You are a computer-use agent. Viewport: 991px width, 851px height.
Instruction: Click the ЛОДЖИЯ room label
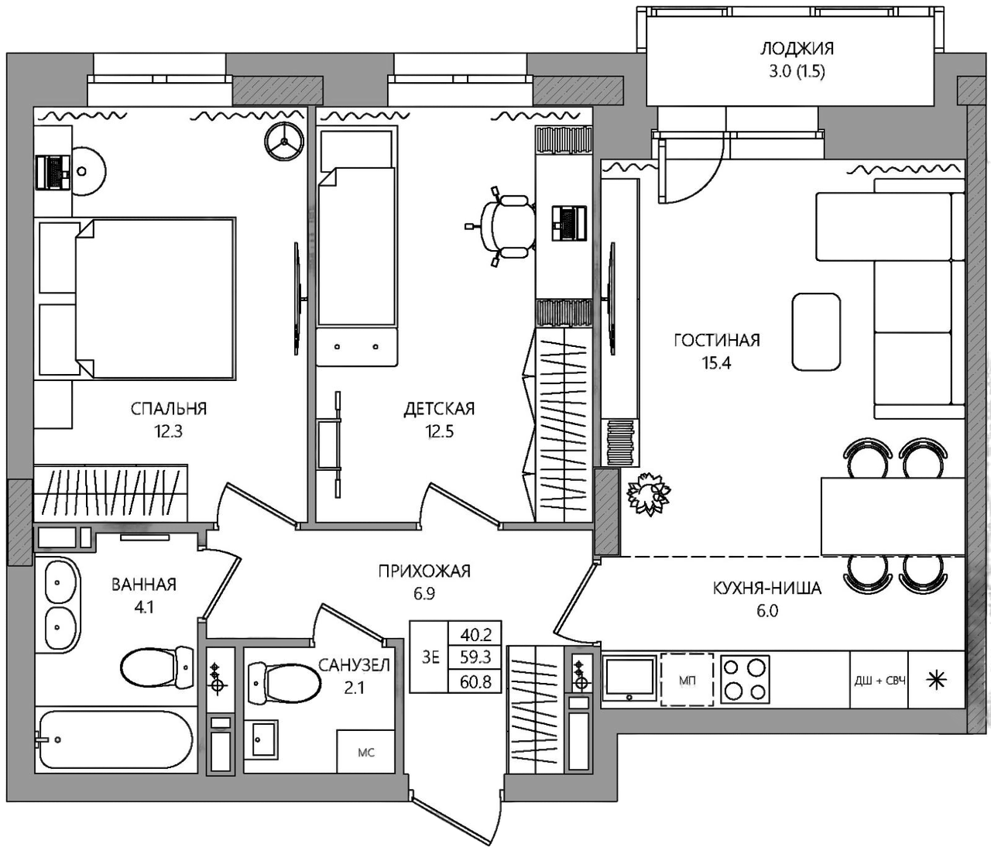[x=797, y=49]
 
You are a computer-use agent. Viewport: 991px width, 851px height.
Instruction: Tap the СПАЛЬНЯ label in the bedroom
[x=169, y=409]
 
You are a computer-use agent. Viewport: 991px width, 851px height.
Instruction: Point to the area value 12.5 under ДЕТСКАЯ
[x=439, y=431]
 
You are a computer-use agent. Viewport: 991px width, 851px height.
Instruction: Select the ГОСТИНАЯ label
[x=717, y=341]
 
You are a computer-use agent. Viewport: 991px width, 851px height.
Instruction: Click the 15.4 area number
[x=717, y=363]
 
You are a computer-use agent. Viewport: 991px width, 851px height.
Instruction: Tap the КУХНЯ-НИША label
[x=767, y=588]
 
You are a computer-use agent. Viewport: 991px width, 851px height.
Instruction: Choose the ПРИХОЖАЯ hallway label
[x=424, y=571]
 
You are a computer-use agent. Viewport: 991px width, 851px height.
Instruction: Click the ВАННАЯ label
[x=144, y=585]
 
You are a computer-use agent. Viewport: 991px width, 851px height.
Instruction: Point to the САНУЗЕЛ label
[x=355, y=665]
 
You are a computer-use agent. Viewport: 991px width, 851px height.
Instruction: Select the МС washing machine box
[x=365, y=751]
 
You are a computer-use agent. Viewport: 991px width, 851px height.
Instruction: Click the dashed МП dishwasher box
[x=687, y=680]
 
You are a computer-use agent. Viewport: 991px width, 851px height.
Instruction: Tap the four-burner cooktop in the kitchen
[x=745, y=680]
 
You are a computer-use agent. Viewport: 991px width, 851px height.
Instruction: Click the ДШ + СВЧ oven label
[x=880, y=681]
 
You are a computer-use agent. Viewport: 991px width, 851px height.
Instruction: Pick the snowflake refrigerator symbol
[x=936, y=681]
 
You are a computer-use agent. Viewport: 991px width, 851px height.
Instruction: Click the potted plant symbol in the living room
[x=649, y=494]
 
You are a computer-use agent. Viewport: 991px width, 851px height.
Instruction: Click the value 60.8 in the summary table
[x=475, y=681]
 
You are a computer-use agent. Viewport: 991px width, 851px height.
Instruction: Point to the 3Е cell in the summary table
[x=430, y=657]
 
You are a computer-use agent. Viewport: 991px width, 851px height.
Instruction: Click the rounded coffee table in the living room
[x=816, y=331]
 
